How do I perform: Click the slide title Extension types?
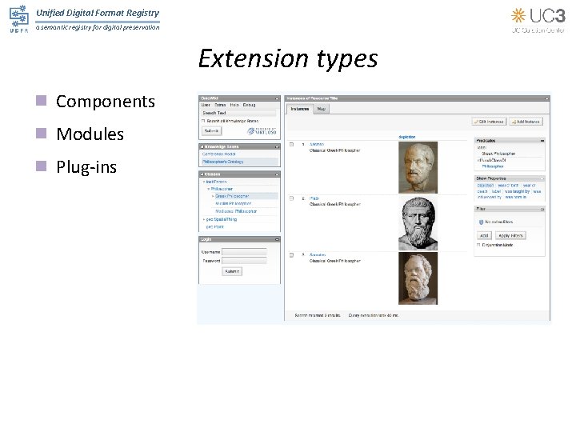coord(287,59)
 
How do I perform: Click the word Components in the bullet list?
coord(105,102)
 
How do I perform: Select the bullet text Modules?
coord(90,134)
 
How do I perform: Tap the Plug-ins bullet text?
coord(86,167)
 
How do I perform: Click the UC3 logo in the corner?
coord(538,19)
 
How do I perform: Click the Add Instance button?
coord(527,122)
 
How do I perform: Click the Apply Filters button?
coord(510,236)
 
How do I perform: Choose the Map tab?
coord(321,108)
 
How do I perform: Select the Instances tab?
coord(299,108)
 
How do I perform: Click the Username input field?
coord(244,252)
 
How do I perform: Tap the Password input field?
coord(244,261)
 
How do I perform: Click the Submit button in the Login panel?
coord(231,271)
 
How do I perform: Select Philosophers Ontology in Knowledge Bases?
coord(223,162)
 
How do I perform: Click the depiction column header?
coord(407,137)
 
